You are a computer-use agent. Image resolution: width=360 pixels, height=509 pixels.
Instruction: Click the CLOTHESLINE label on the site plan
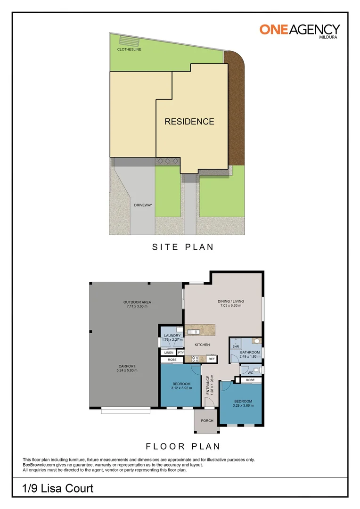pyautogui.click(x=129, y=49)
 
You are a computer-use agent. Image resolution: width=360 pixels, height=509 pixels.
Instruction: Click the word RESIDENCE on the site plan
pyautogui.click(x=189, y=122)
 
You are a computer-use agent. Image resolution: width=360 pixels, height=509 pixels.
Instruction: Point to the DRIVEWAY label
pyautogui.click(x=142, y=205)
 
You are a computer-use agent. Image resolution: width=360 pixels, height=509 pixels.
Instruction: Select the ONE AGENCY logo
pyautogui.click(x=299, y=30)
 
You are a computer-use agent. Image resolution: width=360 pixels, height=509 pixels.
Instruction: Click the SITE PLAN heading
pyautogui.click(x=182, y=247)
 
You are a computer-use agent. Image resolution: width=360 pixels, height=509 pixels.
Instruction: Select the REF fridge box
pyautogui.click(x=212, y=359)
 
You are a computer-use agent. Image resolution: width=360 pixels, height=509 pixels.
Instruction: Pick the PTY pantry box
pyautogui.click(x=180, y=353)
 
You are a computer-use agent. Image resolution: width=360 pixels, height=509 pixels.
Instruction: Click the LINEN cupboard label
pyautogui.click(x=168, y=353)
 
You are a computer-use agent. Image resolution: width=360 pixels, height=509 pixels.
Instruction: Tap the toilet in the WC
pyautogui.click(x=256, y=369)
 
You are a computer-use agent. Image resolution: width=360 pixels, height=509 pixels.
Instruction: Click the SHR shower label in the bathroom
pyautogui.click(x=236, y=346)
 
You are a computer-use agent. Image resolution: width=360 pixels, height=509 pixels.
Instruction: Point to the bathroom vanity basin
pyautogui.click(x=257, y=340)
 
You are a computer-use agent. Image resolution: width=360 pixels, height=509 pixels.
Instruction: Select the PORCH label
pyautogui.click(x=207, y=421)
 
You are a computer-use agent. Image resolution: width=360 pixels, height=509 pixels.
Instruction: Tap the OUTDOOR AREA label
pyautogui.click(x=137, y=302)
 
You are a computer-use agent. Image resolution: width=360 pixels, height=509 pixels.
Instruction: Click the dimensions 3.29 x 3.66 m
pyautogui.click(x=244, y=405)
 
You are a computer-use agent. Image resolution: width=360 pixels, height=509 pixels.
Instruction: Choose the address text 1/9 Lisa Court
pyautogui.click(x=58, y=488)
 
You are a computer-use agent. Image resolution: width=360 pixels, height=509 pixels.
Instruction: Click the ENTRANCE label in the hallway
pyautogui.click(x=208, y=387)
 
